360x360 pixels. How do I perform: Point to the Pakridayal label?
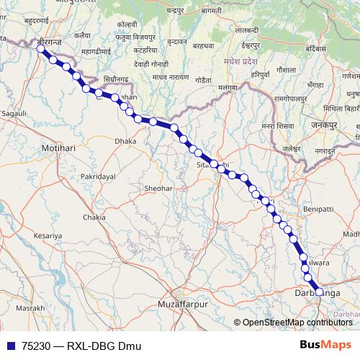click(x=98, y=176)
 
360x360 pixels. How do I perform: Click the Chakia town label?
click(x=94, y=217)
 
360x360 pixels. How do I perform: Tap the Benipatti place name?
click(x=319, y=209)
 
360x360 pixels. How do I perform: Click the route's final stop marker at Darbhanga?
click(x=319, y=292)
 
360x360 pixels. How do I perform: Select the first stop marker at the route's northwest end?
click(x=41, y=49)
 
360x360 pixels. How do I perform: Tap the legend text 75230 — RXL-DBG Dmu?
click(x=81, y=346)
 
